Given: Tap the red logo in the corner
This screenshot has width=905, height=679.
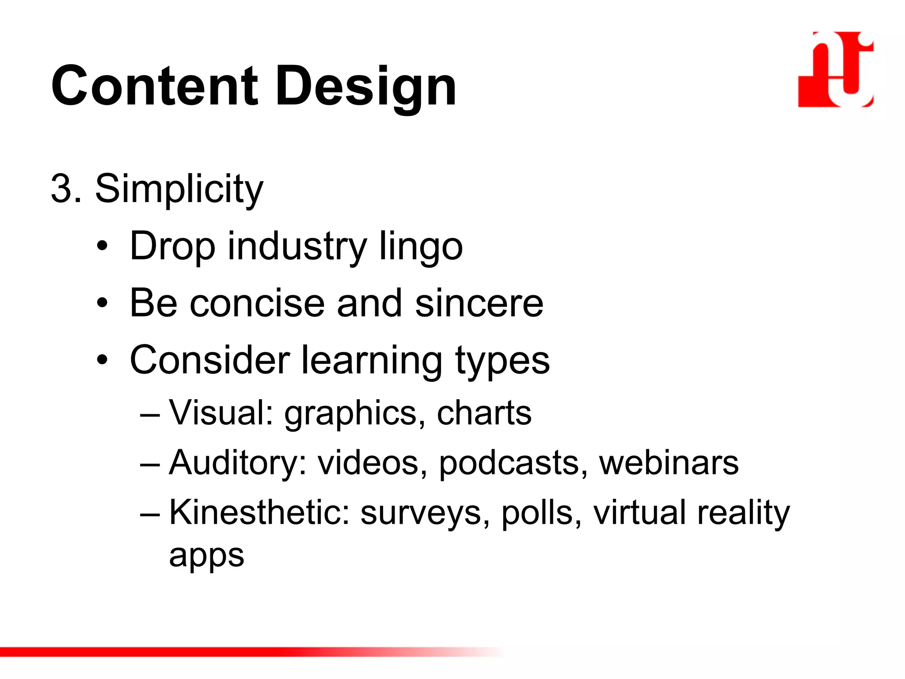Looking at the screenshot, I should pyautogui.click(x=836, y=69).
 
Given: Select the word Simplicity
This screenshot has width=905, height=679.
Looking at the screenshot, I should pyautogui.click(x=179, y=189).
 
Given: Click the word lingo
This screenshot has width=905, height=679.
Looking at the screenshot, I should pyautogui.click(x=421, y=247).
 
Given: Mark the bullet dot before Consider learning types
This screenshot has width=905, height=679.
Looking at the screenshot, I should pyautogui.click(x=103, y=360).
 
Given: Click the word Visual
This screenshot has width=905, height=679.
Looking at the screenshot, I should pyautogui.click(x=221, y=413).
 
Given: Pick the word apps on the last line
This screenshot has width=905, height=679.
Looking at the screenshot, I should pyautogui.click(x=206, y=557).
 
